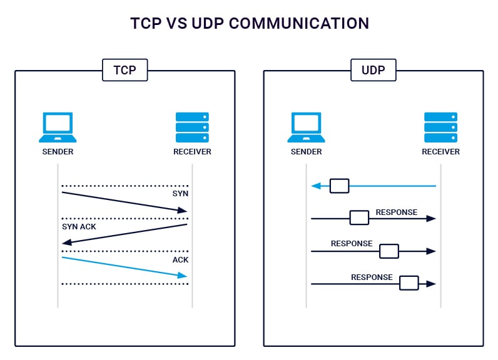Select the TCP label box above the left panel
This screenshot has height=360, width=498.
(124, 70)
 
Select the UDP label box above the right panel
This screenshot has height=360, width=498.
(373, 70)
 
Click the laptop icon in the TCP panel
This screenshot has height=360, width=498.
(58, 127)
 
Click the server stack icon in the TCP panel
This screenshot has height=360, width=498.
(192, 127)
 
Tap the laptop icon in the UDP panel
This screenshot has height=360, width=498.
(306, 127)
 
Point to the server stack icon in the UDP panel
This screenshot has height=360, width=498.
(440, 127)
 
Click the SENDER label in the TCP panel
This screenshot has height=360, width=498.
(58, 152)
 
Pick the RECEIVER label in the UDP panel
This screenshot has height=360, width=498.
(440, 152)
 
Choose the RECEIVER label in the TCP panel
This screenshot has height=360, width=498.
(192, 152)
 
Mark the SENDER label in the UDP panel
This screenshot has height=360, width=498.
(306, 152)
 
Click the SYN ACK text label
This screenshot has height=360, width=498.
(79, 226)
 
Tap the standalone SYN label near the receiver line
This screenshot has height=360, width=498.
(180, 194)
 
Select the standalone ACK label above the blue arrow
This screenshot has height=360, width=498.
(180, 259)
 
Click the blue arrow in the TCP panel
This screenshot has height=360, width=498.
(125, 266)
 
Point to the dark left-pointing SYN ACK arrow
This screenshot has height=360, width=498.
(125, 234)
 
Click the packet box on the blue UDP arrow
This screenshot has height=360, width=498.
(339, 186)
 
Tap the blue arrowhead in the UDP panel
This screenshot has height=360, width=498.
(317, 186)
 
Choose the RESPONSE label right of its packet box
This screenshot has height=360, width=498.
(396, 212)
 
